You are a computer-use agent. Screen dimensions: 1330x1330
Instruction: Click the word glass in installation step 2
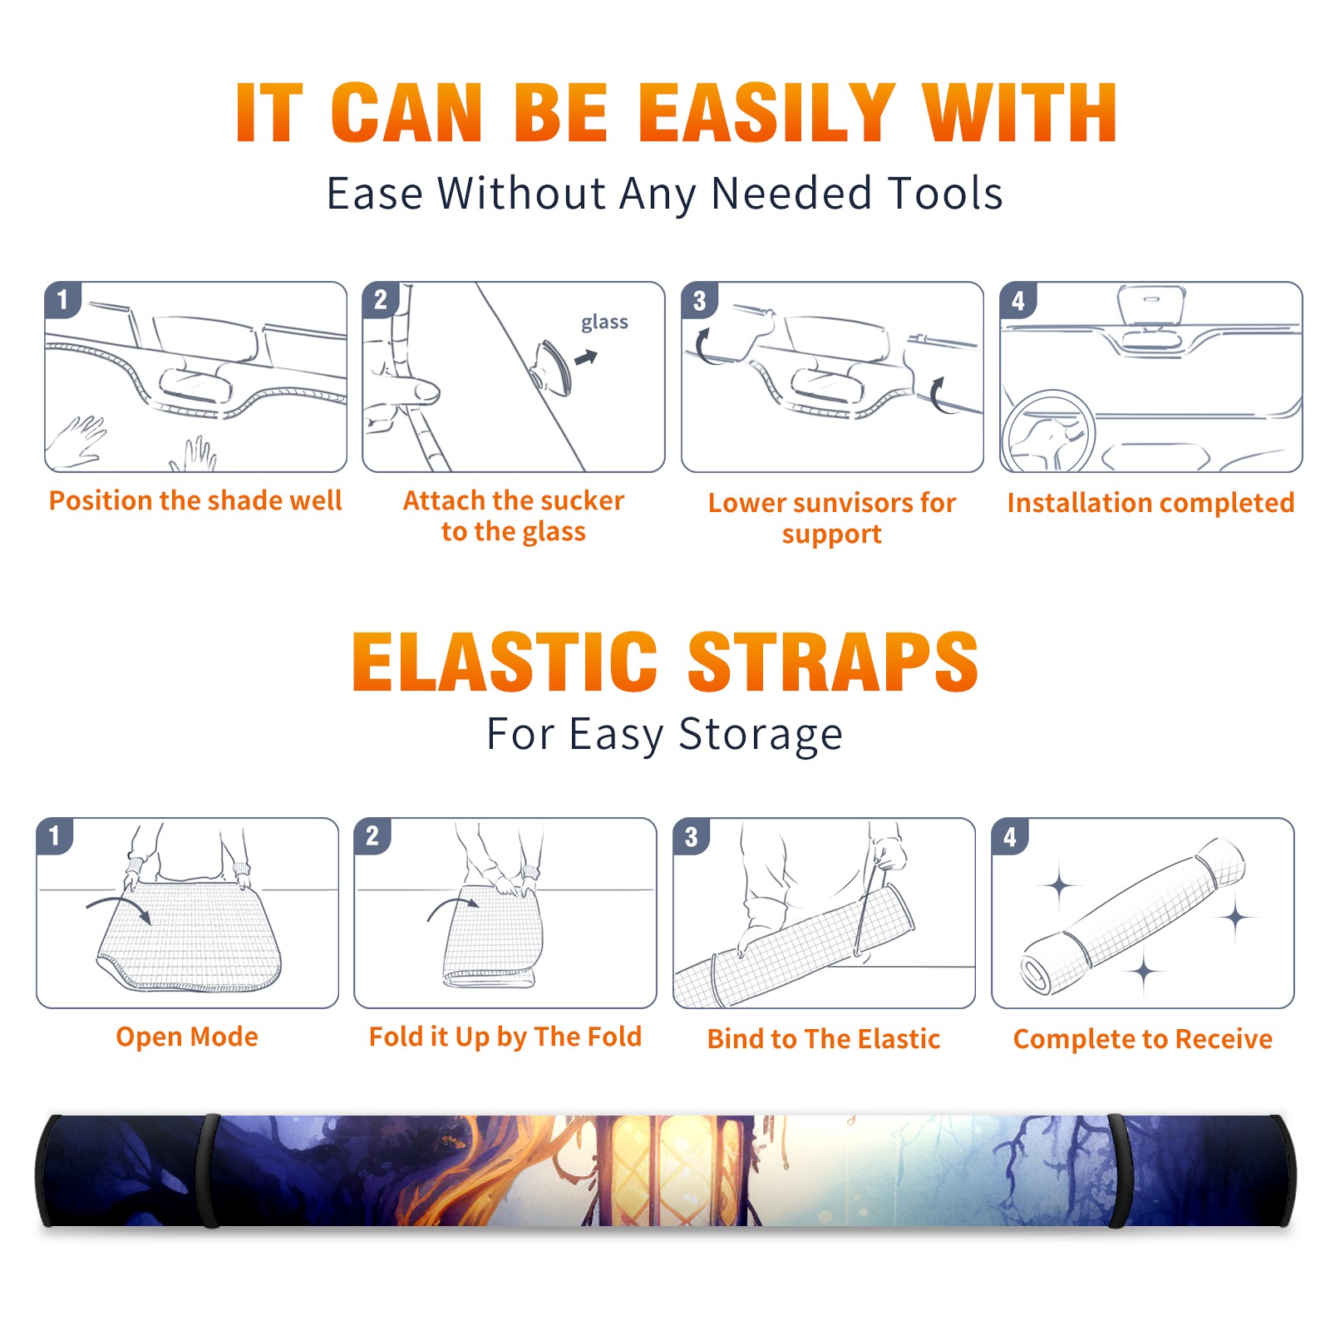tap(604, 323)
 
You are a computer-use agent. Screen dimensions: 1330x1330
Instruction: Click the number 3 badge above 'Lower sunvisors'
tap(699, 300)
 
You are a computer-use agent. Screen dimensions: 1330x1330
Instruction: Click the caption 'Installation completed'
tap(1150, 503)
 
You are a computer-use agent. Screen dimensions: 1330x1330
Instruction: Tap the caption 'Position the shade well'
tap(195, 500)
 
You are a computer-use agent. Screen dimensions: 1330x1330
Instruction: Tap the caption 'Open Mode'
tap(187, 1037)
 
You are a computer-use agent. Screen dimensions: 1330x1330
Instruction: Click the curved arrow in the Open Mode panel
tap(119, 907)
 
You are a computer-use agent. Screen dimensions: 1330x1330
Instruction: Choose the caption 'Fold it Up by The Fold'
tap(505, 1037)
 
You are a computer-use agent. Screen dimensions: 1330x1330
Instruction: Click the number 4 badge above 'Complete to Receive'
tap(1010, 836)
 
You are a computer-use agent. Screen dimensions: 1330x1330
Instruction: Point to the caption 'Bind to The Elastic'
tap(824, 1039)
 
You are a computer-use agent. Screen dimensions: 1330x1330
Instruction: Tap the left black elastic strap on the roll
tap(209, 1170)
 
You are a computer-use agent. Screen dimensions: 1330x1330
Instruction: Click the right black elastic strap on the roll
tap(1117, 1170)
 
